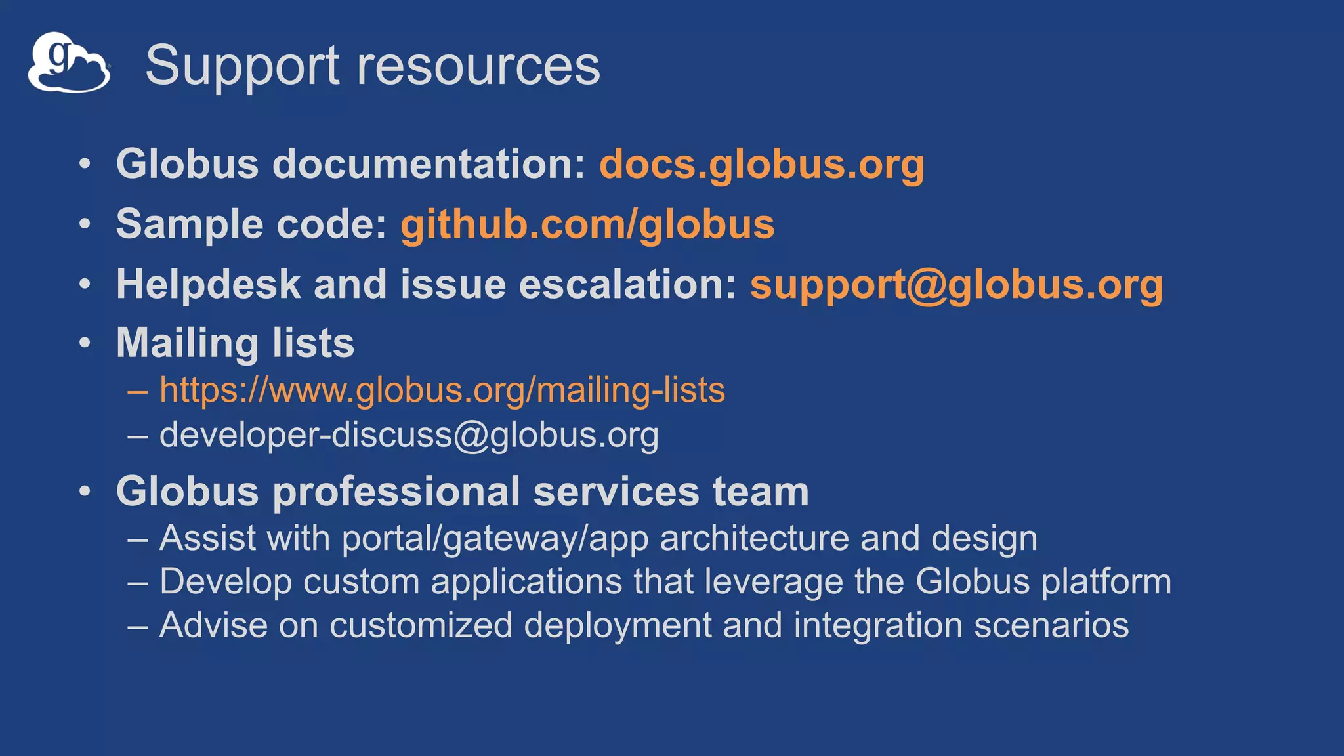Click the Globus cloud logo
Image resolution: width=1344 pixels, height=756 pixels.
tap(68, 63)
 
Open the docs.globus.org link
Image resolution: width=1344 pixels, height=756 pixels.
tap(761, 163)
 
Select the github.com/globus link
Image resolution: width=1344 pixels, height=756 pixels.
tap(587, 224)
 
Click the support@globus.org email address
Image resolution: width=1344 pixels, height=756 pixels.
tap(956, 284)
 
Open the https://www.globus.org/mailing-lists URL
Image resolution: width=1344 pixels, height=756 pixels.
tap(442, 390)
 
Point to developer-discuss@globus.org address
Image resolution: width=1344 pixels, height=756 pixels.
tap(409, 434)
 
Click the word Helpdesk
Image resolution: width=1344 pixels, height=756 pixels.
tap(208, 284)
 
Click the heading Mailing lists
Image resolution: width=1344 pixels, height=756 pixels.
tap(235, 343)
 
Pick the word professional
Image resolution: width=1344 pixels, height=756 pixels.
tap(396, 492)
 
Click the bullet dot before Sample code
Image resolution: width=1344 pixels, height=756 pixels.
tap(85, 224)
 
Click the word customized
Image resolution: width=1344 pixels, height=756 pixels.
tap(421, 625)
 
